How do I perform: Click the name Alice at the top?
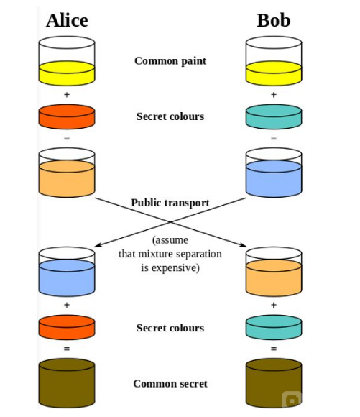[x=67, y=20]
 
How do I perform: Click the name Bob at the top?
[x=274, y=20]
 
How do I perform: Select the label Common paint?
[x=170, y=61]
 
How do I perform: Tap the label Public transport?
[x=170, y=203]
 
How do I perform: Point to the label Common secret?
[x=170, y=384]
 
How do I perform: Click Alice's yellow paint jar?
[x=67, y=61]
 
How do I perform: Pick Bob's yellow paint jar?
[x=274, y=61]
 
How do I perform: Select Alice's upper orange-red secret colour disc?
[x=67, y=116]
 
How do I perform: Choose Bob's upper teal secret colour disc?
[x=274, y=116]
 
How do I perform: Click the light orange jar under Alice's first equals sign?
[x=67, y=173]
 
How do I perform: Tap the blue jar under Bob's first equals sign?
[x=274, y=173]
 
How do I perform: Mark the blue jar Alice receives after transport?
[x=67, y=272]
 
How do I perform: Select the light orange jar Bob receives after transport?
[x=274, y=272]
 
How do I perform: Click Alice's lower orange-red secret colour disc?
[x=67, y=327]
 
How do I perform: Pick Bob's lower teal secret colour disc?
[x=274, y=327]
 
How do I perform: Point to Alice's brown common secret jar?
[x=67, y=383]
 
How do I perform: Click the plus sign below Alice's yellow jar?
[x=67, y=95]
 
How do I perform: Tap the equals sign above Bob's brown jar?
[x=274, y=349]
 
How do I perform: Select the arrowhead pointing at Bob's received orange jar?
[x=244, y=244]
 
